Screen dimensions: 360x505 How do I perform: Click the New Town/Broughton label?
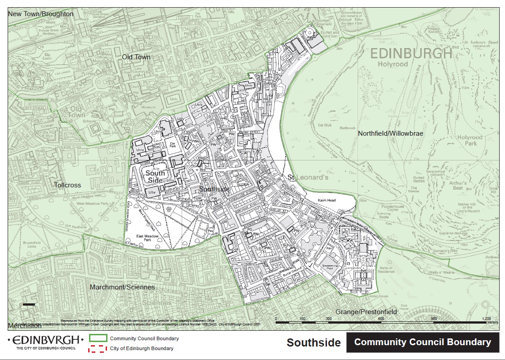tap(41, 14)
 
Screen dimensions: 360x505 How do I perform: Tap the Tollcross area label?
tap(67, 185)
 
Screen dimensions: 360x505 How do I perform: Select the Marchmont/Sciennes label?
tap(122, 287)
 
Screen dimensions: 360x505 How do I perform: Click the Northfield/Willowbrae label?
tap(391, 133)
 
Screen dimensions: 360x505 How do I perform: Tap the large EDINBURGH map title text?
tap(411, 54)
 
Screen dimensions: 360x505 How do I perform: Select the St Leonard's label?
tap(308, 178)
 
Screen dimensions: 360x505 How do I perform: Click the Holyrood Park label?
tap(469, 140)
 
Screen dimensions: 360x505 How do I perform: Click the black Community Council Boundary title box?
tap(422, 342)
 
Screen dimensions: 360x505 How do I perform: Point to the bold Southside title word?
tap(313, 343)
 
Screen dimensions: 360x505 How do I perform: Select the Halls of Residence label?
tap(386, 270)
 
